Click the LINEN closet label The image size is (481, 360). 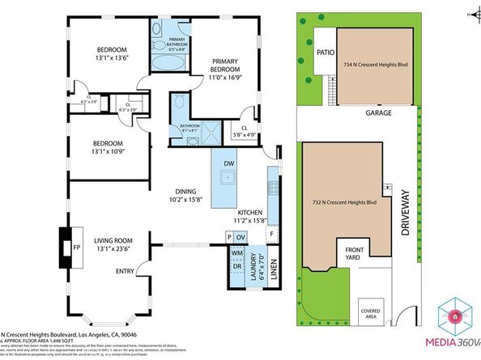point(275,268)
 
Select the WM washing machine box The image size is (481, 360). point(237,253)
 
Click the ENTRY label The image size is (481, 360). point(126,271)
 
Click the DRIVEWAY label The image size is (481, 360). point(407,216)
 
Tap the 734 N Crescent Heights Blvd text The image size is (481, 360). point(374,63)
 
